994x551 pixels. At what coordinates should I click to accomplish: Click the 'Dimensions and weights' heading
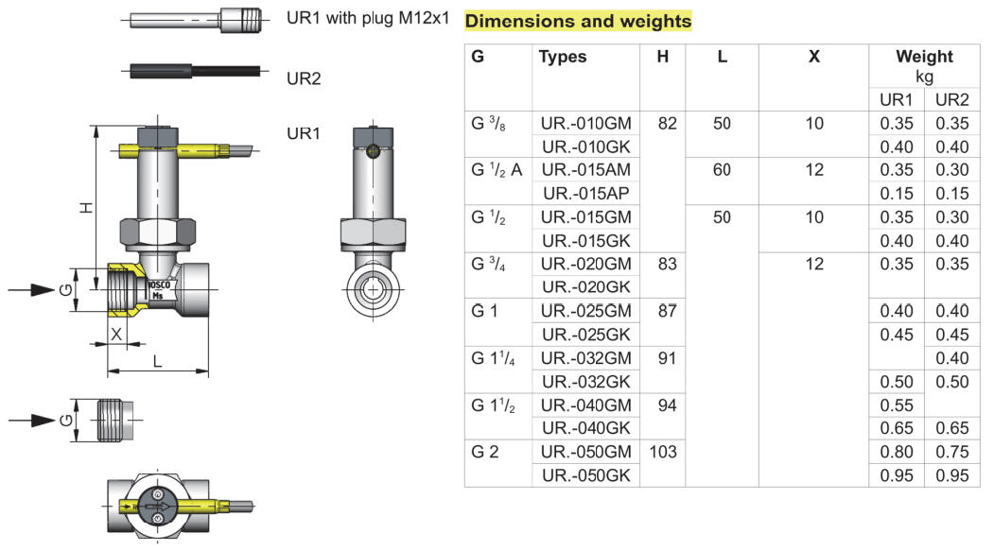[x=579, y=21]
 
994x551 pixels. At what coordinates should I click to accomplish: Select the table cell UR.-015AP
[x=586, y=194]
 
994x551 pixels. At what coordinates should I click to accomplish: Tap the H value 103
[x=663, y=452]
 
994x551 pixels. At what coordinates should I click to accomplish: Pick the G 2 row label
[x=484, y=452]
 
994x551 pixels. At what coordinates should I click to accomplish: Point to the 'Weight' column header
[x=924, y=57]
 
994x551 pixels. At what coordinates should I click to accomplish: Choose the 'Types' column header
[x=563, y=57]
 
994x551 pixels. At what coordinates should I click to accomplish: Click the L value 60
[x=722, y=171]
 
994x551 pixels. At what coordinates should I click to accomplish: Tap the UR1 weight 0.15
[x=897, y=194]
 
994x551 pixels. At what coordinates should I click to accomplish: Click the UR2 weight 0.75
[x=951, y=452]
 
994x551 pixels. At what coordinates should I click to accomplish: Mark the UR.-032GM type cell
[x=586, y=358]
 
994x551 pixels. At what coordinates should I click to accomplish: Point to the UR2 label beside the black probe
[x=304, y=78]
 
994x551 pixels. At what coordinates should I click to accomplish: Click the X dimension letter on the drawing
[x=117, y=334]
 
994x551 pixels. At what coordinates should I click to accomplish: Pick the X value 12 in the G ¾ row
[x=814, y=265]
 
